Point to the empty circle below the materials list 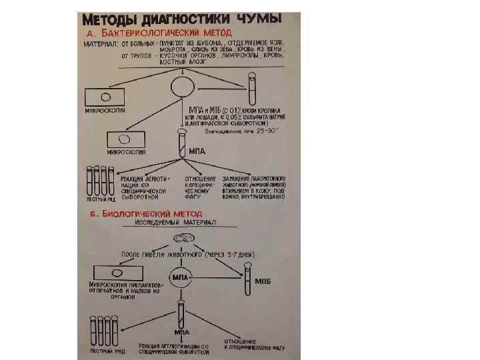(182, 87)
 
